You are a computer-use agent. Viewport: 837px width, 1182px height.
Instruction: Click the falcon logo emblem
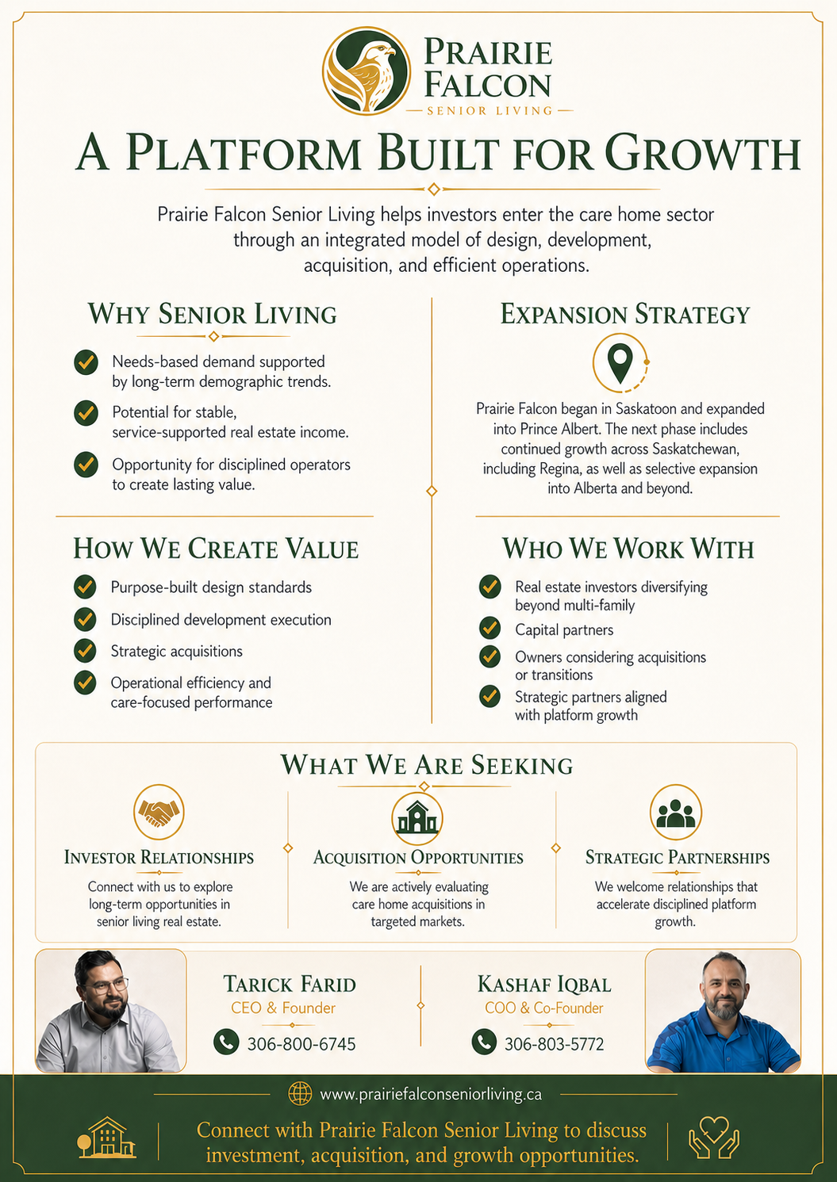[x=367, y=71]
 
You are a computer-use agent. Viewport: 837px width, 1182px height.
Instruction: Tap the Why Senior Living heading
[x=212, y=314]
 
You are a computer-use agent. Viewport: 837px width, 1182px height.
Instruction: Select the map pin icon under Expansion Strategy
[x=620, y=362]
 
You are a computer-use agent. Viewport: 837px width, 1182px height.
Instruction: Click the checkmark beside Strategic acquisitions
[x=85, y=651]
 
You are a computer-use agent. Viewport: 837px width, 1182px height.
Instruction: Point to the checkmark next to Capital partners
[x=490, y=629]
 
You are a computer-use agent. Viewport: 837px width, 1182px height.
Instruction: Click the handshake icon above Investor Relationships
[x=159, y=811]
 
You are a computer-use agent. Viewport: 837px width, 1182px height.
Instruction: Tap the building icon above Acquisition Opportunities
[x=417, y=817]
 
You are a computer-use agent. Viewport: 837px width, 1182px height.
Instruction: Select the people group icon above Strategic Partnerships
[x=676, y=812]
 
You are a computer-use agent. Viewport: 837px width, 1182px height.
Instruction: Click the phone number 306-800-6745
[x=301, y=1044]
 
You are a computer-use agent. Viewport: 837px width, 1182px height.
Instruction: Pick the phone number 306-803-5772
[x=555, y=1044]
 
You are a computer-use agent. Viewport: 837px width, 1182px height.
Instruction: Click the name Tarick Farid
[x=290, y=985]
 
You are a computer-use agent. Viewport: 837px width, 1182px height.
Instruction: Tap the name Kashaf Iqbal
[x=544, y=985]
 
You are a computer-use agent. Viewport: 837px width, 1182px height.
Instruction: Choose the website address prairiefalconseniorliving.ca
[x=431, y=1095]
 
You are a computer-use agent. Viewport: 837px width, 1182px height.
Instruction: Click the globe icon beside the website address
[x=300, y=1094]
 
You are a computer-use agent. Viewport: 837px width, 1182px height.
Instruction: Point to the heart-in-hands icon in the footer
[x=714, y=1138]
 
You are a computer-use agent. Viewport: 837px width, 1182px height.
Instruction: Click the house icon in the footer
[x=107, y=1138]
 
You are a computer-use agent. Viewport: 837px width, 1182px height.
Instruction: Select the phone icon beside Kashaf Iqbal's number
[x=484, y=1042]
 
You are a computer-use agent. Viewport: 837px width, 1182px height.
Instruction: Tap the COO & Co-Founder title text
[x=544, y=1008]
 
